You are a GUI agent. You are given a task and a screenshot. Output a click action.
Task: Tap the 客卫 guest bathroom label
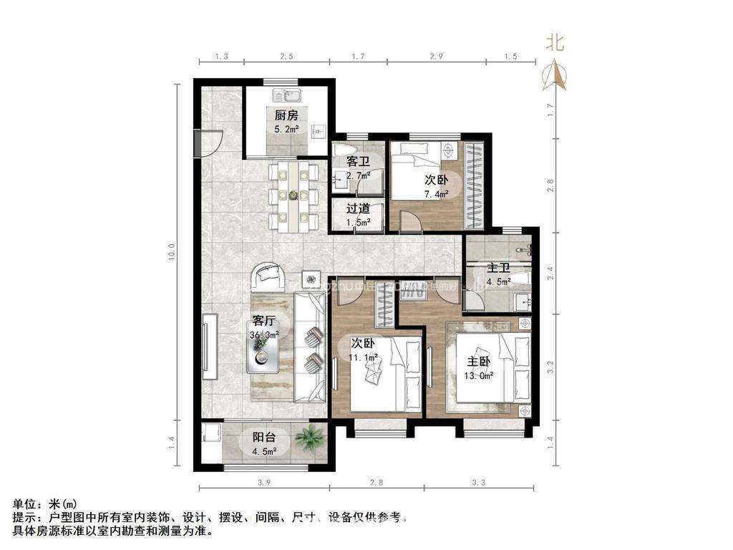pyautogui.click(x=358, y=162)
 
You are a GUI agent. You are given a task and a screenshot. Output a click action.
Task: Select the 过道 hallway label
pyautogui.click(x=358, y=209)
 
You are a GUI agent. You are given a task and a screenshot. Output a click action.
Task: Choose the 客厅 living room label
pyautogui.click(x=264, y=321)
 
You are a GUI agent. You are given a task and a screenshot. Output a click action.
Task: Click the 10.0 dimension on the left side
pyautogui.click(x=170, y=252)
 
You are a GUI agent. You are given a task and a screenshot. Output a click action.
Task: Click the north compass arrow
pyautogui.click(x=555, y=74)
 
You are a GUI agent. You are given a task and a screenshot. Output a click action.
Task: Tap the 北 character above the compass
pyautogui.click(x=555, y=43)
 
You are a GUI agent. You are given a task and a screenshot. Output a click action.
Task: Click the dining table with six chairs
pyautogui.click(x=293, y=195)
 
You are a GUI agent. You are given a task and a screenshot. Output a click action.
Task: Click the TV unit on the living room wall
pyautogui.click(x=209, y=347)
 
